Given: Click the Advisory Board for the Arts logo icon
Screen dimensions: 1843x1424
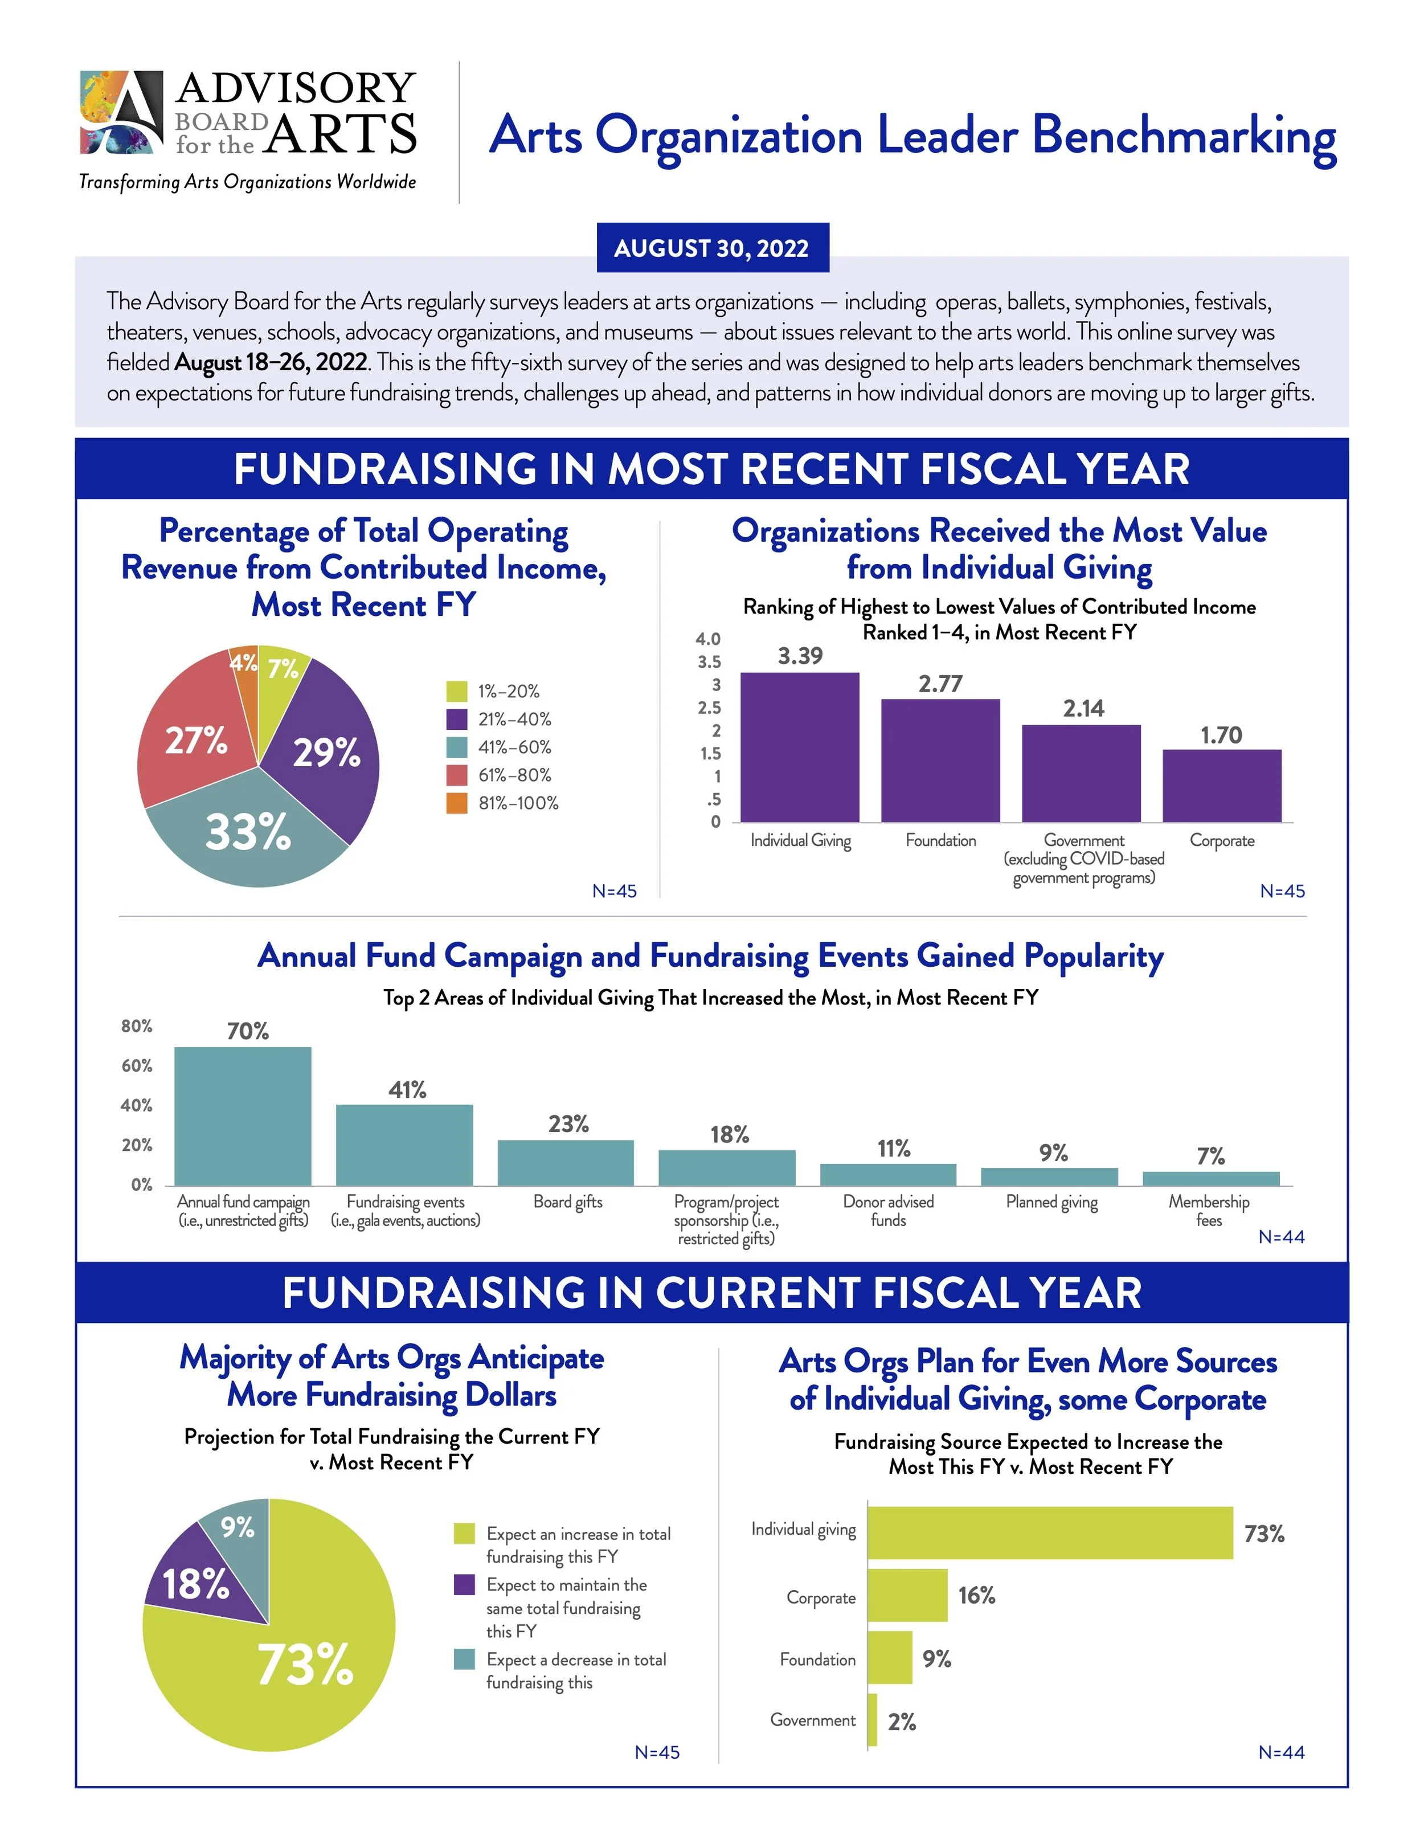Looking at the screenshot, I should [121, 112].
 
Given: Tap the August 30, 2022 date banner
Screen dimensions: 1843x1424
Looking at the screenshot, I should [712, 248].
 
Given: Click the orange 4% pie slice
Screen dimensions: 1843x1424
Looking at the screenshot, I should [245, 667].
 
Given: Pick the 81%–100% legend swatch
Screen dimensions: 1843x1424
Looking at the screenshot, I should [456, 803].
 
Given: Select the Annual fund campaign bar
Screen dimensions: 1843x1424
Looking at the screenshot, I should [243, 1115].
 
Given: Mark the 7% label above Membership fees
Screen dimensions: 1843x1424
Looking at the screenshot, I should [1210, 1156].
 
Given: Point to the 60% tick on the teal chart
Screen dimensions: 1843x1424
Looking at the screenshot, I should [137, 1066].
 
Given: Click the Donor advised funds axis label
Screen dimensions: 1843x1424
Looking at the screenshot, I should [889, 1211].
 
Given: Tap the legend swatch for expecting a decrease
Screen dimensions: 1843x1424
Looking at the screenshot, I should [464, 1660].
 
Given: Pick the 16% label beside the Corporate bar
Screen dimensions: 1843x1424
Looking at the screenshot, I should [977, 1596].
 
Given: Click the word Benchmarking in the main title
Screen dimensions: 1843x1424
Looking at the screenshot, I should [1184, 137].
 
